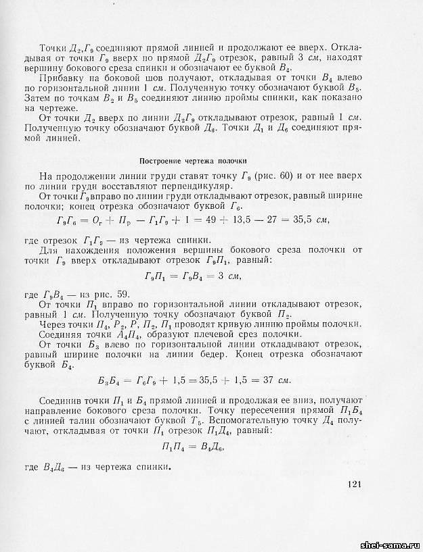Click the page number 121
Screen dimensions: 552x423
tap(357, 484)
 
